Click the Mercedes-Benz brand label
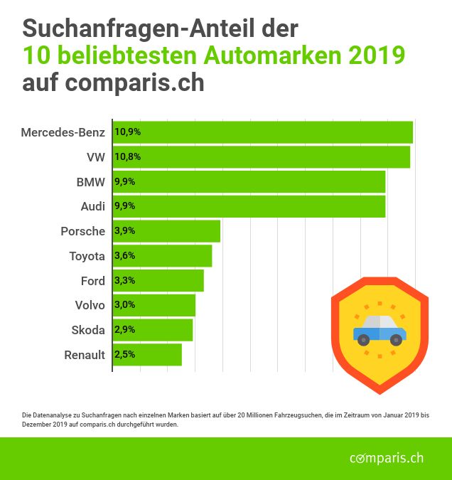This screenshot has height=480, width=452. coord(63,132)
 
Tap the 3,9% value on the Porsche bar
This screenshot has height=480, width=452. coord(124,231)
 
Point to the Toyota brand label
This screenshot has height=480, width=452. coord(87,256)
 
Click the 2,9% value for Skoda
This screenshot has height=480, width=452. coord(124,330)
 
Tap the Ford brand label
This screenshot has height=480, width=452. coord(93,281)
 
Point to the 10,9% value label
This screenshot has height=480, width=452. coord(127,132)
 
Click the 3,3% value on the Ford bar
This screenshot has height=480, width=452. coord(124,281)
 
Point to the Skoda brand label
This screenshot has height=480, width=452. coord(88,330)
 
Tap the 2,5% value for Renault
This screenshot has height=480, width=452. coord(124,355)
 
